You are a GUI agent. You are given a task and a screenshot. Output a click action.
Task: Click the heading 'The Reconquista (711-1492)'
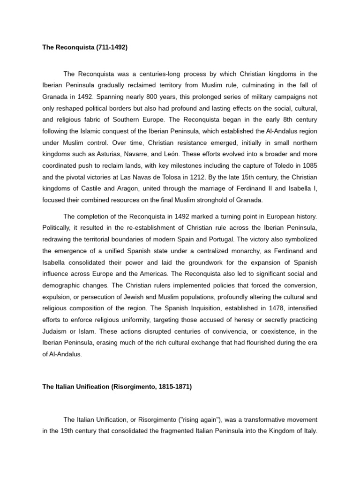[x=85, y=48]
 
